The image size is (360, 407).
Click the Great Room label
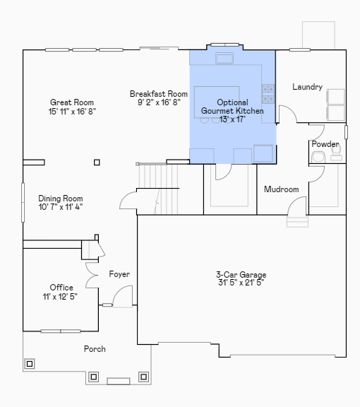click(x=72, y=102)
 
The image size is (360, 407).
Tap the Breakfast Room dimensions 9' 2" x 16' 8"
click(x=159, y=102)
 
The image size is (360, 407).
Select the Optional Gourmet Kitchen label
click(x=232, y=107)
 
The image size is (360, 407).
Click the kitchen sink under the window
click(x=224, y=58)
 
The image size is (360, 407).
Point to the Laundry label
click(x=307, y=87)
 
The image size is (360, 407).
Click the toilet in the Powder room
click(x=336, y=153)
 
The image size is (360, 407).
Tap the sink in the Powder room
click(x=318, y=158)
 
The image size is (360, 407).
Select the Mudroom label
click(x=282, y=189)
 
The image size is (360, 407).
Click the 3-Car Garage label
click(x=241, y=275)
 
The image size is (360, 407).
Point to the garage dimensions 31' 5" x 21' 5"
click(x=241, y=283)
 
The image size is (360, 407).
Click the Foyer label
click(x=119, y=274)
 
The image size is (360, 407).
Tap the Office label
click(x=61, y=288)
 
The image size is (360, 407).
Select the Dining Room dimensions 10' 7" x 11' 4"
click(x=61, y=207)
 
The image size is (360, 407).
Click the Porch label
click(x=95, y=349)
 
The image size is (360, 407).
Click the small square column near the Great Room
click(x=97, y=163)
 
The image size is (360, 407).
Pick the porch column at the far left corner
click(x=30, y=364)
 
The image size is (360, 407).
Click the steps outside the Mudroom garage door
click(x=297, y=221)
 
